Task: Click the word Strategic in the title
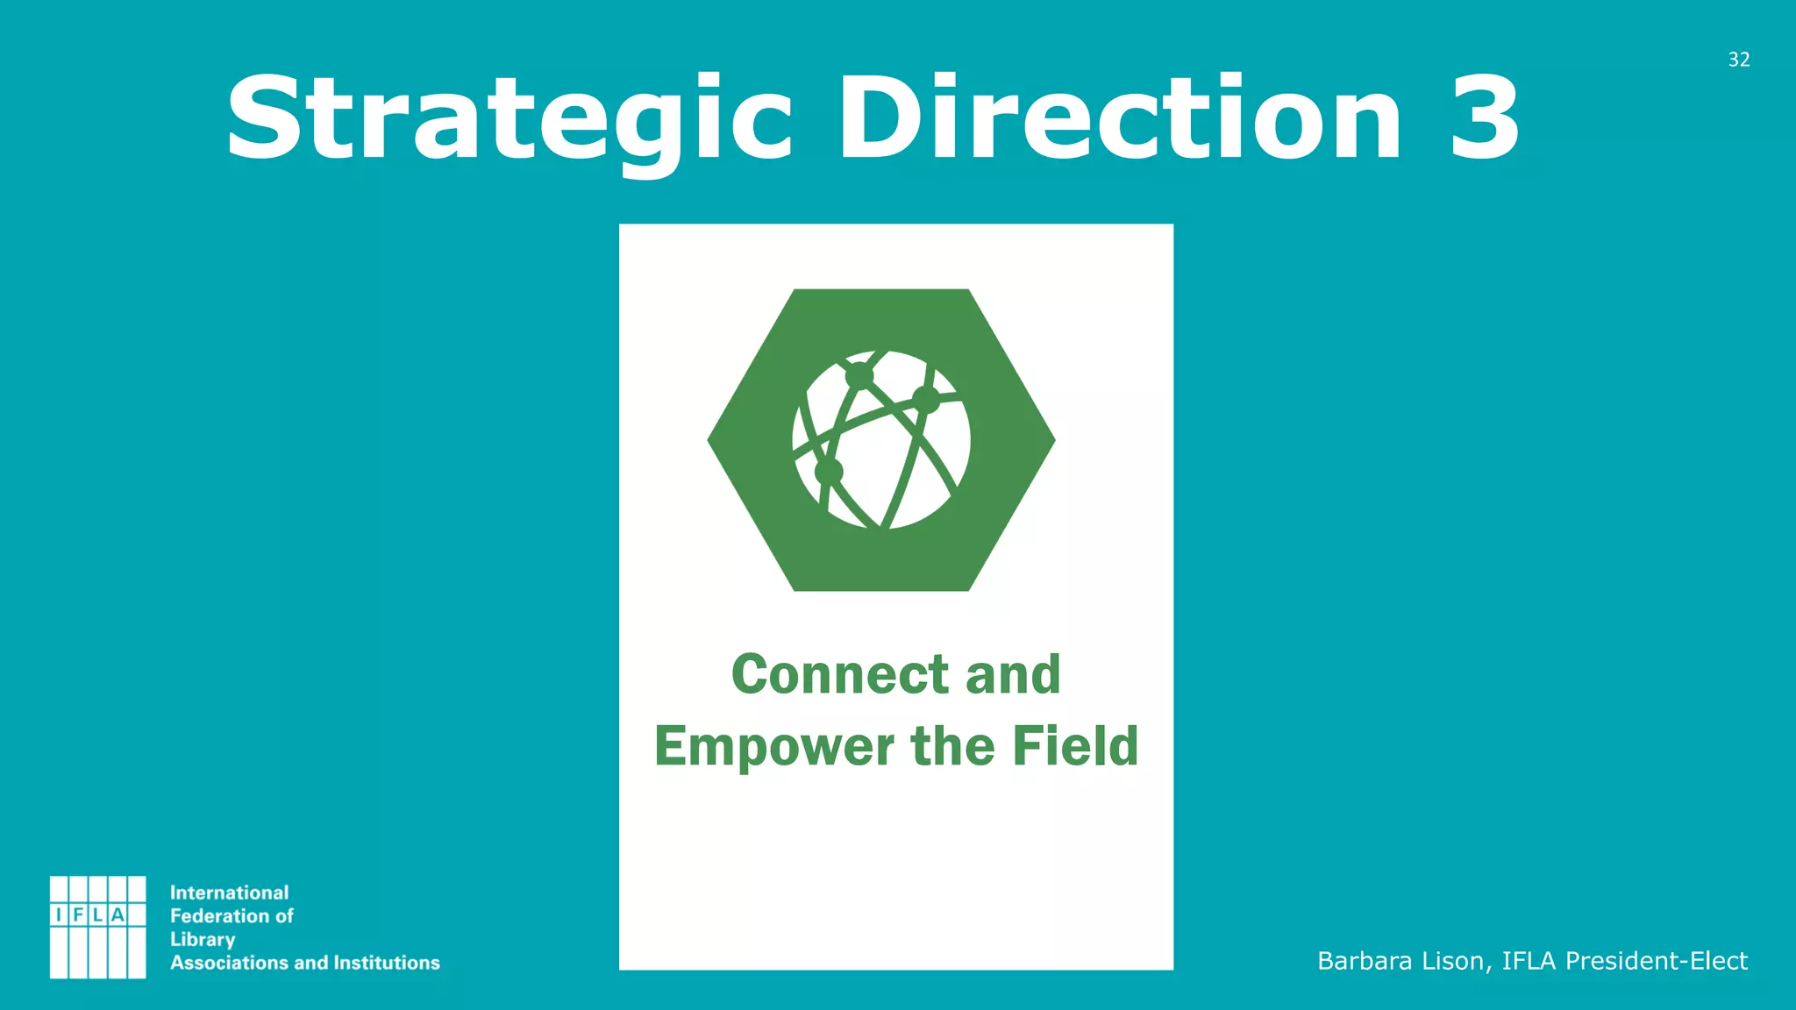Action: tap(509, 120)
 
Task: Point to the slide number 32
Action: tap(1739, 60)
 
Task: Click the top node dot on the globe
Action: tap(859, 375)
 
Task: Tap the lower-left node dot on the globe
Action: tap(829, 472)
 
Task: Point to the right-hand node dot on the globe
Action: tap(926, 400)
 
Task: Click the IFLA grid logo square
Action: tap(97, 927)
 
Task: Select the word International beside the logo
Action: tap(229, 893)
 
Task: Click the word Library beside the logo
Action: tap(203, 940)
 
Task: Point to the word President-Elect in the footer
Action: tap(1657, 961)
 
